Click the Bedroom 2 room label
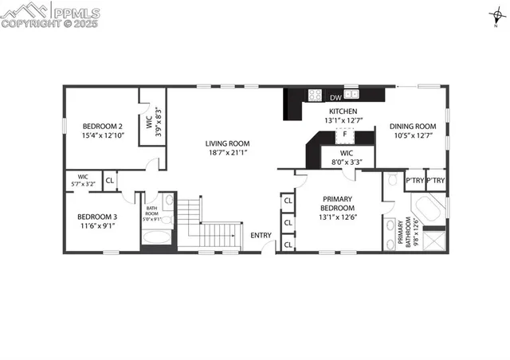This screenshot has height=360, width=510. [x=103, y=126]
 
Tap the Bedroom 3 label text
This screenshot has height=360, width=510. [x=97, y=217]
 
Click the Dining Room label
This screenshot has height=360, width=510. [x=412, y=126]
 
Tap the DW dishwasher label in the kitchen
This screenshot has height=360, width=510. [x=335, y=97]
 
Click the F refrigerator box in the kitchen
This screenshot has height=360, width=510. [x=345, y=135]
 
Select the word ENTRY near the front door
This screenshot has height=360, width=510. [x=261, y=235]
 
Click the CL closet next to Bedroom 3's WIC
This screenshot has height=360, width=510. [x=110, y=180]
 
